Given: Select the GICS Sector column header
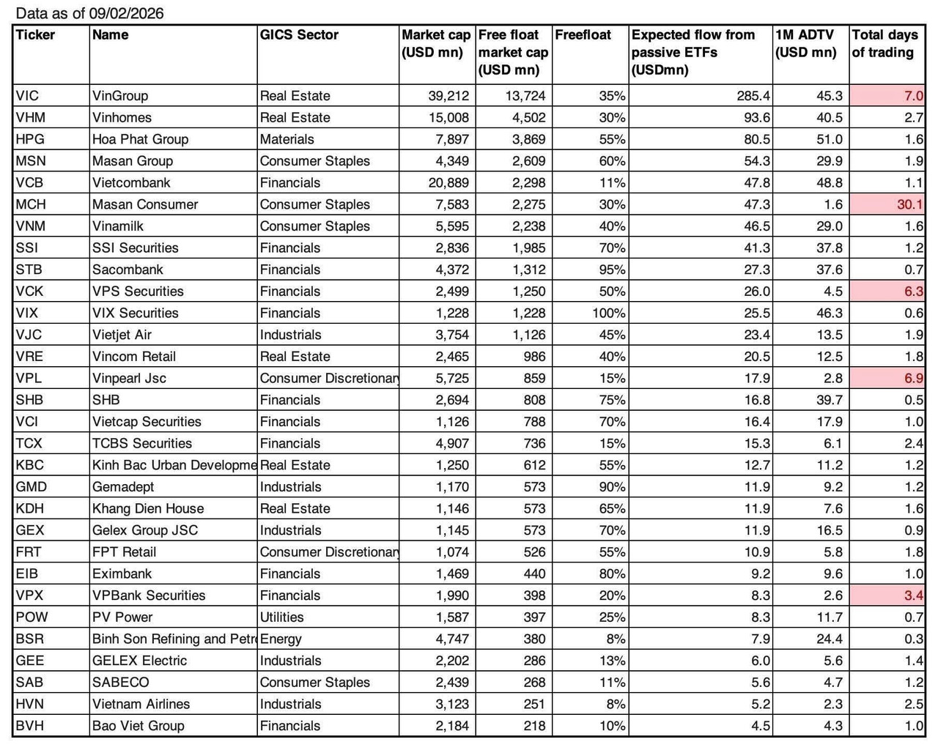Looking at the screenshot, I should click(x=299, y=35).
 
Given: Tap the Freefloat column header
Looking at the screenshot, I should click(x=583, y=35).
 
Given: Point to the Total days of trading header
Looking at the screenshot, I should click(x=885, y=44).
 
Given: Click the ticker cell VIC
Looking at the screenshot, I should click(x=27, y=96).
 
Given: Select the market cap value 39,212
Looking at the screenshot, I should click(x=448, y=96).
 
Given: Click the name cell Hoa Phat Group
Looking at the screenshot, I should click(x=140, y=139).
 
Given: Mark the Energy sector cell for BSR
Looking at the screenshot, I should click(x=281, y=639).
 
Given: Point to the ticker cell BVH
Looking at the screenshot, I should click(x=29, y=726).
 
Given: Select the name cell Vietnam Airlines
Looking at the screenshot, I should click(x=141, y=704).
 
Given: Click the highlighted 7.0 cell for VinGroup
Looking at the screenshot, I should click(x=913, y=96).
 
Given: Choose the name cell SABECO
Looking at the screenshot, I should click(x=120, y=682).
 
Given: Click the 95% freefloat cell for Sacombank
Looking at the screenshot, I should click(x=612, y=270).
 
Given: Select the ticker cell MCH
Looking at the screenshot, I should click(x=30, y=204).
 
